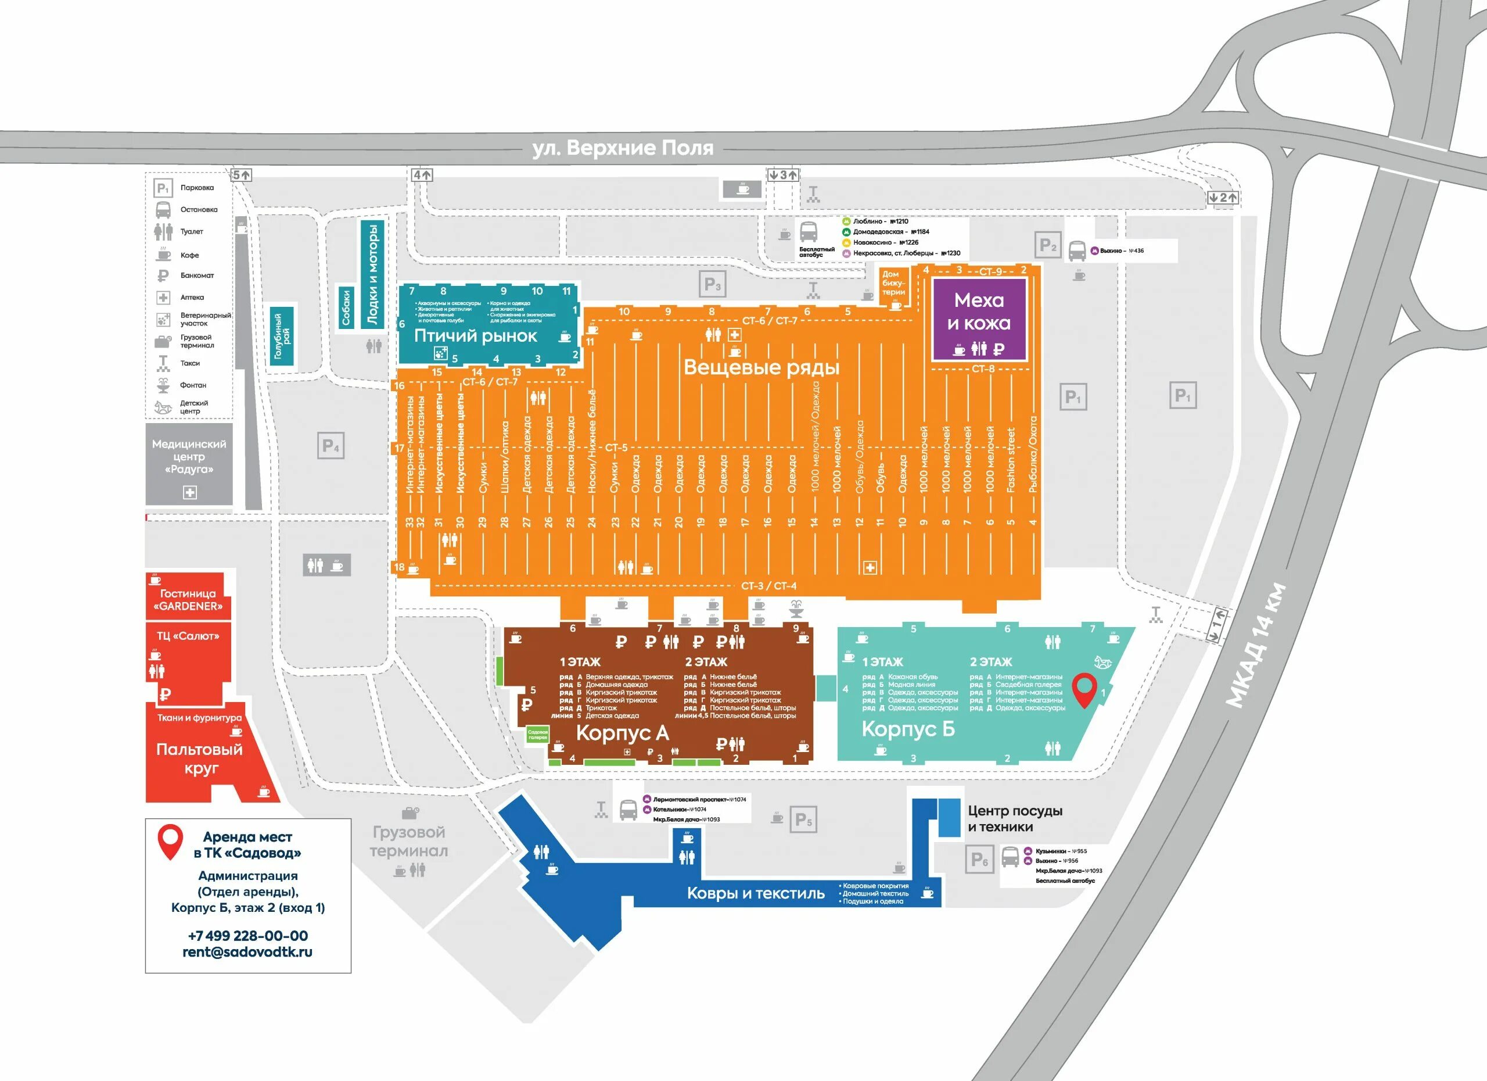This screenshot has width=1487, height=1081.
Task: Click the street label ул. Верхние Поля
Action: pos(622,148)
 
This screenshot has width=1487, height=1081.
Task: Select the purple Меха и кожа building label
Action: pos(978,312)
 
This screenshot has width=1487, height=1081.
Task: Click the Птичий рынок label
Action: pos(475,336)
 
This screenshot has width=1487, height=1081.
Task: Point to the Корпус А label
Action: pos(622,733)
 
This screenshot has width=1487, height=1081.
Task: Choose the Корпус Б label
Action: pos(908,729)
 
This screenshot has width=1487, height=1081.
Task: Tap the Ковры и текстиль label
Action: pos(755,893)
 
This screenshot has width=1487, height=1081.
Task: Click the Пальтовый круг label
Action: pos(199,758)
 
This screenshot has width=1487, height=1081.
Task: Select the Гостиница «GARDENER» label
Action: pos(188,600)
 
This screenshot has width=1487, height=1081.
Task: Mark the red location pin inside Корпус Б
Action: pos(1084,688)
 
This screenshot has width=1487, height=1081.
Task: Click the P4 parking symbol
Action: pos(331,446)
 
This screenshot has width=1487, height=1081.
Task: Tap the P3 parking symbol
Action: pos(712,285)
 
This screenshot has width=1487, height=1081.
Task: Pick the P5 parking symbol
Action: pos(803,819)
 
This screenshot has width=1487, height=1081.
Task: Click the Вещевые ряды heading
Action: pos(761,367)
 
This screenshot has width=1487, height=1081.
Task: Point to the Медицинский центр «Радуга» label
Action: pos(189,457)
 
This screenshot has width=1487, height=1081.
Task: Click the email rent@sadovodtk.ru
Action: pos(248,952)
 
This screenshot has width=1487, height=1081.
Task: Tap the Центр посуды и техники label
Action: pos(1015,819)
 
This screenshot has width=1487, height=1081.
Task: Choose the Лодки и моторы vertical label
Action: pos(372,274)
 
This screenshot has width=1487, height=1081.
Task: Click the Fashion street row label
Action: pos(1010,460)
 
